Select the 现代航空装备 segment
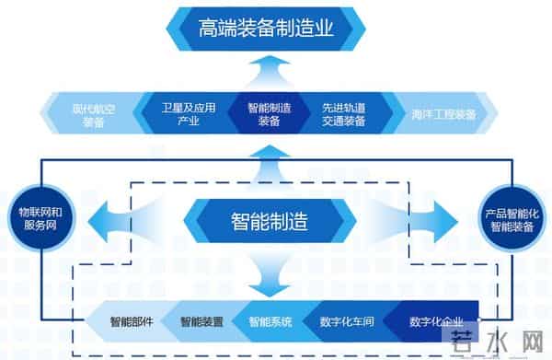click(94, 114)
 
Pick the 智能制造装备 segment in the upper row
click(269, 114)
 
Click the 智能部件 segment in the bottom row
click(131, 322)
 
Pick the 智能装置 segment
click(201, 322)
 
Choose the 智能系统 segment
click(270, 322)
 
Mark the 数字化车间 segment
click(344, 322)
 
